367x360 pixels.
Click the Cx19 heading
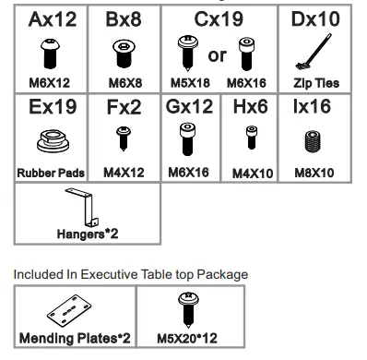(x=218, y=19)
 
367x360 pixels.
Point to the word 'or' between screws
(x=218, y=55)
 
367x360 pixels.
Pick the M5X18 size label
(x=190, y=82)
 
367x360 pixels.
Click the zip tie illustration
(x=316, y=54)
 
